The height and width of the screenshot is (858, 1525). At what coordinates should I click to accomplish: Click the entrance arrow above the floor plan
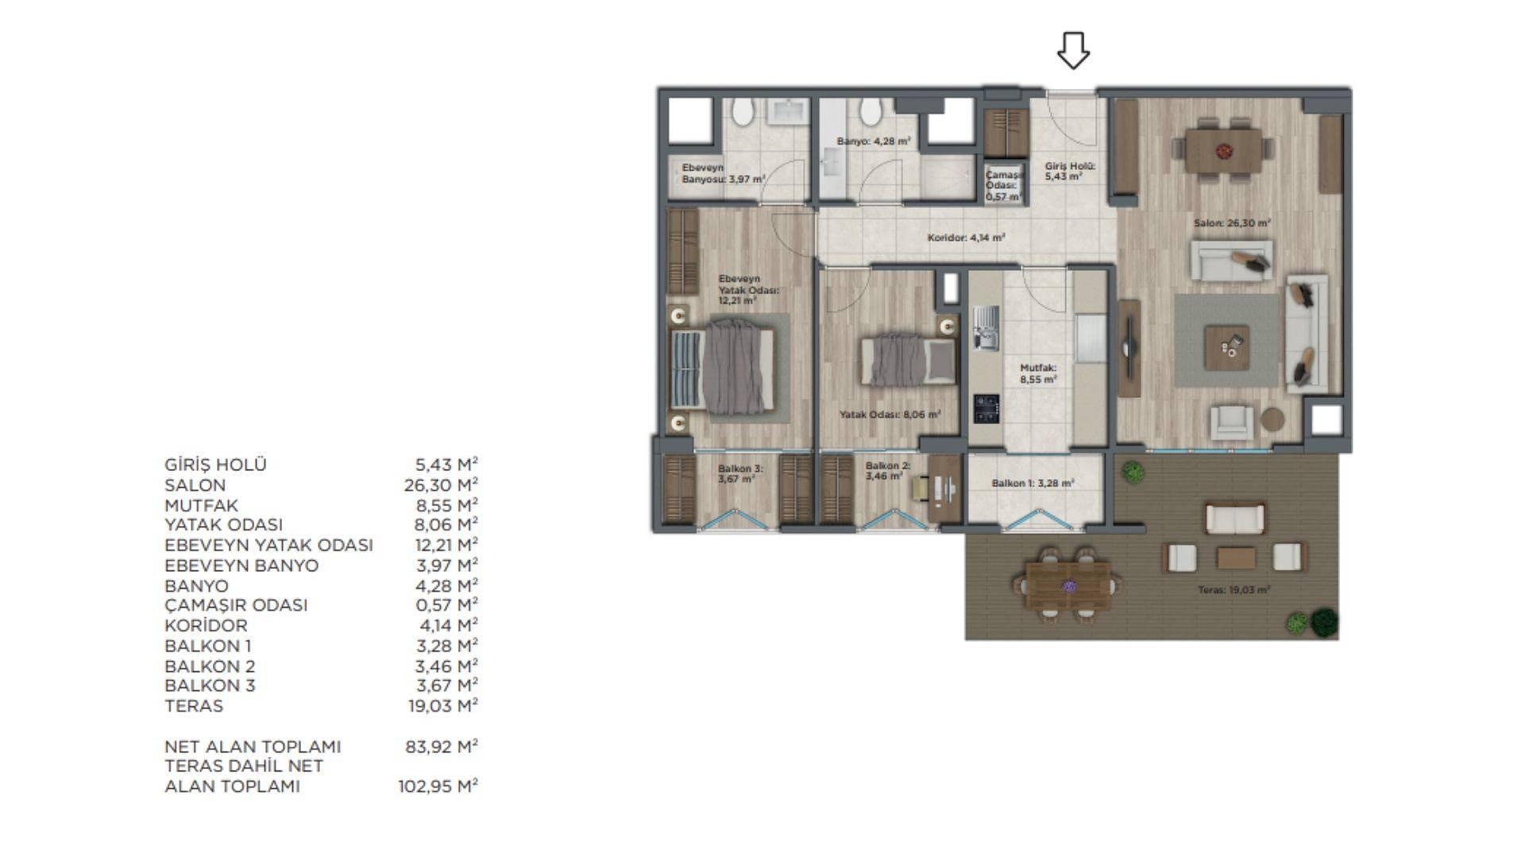coord(1073,50)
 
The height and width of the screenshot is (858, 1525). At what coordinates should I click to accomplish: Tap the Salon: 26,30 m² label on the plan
coord(1232,223)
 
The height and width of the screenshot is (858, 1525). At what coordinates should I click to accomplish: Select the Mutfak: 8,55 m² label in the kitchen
coord(1039,373)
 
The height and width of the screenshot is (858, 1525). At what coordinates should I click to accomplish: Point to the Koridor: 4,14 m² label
coord(967,238)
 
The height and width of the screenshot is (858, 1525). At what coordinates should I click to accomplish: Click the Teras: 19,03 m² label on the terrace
coord(1234,590)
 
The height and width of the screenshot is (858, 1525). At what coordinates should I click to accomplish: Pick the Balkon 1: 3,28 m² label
coord(1033,483)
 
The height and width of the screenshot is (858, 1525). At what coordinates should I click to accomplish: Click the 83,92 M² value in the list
coord(441,746)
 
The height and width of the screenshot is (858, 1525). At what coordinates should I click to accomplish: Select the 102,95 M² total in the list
coord(438,786)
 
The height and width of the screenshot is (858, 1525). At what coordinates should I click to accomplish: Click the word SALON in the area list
coord(195,485)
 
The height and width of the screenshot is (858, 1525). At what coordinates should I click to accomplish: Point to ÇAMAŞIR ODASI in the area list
coord(236,605)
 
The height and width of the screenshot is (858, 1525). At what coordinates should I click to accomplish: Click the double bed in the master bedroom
coord(724,367)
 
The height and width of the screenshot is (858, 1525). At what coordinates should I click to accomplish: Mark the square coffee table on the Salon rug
coord(1226,347)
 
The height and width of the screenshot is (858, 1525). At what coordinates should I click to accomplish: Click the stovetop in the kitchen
coord(986,408)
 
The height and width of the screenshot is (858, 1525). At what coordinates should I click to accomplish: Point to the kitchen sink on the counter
coord(986,328)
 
